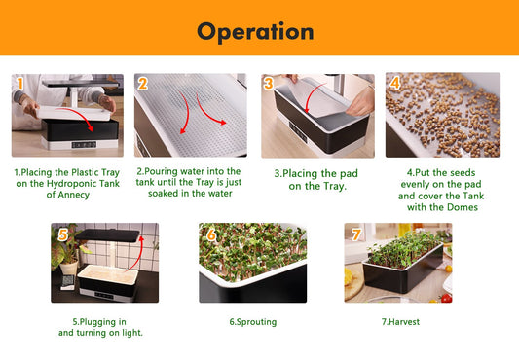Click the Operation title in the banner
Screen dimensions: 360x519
click(255, 31)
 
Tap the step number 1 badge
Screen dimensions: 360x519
click(19, 84)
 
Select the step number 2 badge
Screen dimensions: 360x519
click(142, 84)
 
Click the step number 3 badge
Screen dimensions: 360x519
click(268, 84)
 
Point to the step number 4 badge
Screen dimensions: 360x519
click(394, 84)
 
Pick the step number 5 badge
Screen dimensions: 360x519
click(61, 234)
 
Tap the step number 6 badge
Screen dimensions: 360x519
click(210, 234)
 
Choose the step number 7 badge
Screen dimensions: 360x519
click(354, 234)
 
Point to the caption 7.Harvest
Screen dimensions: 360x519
click(399, 321)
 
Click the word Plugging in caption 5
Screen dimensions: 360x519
click(105, 321)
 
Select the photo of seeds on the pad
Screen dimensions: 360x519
click(443, 116)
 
